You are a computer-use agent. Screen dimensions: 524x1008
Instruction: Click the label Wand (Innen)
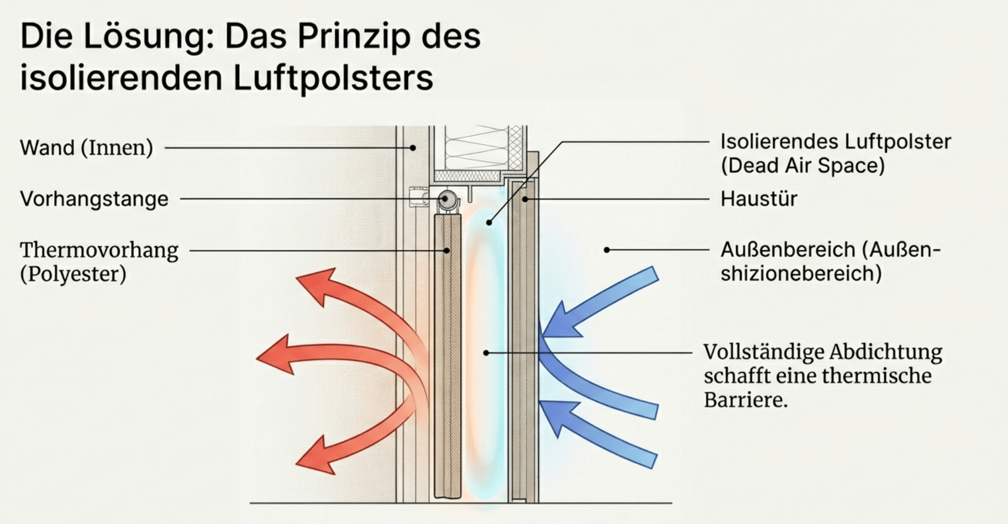(86, 148)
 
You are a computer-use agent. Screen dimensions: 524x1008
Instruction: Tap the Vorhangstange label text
(94, 199)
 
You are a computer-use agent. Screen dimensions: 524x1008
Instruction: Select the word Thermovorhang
(99, 250)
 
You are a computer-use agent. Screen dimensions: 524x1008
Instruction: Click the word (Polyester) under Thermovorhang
(73, 274)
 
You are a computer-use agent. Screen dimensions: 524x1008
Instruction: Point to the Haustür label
(759, 199)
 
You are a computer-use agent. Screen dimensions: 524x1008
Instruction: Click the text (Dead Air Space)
(802, 166)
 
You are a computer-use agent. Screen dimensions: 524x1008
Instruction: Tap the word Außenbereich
(788, 250)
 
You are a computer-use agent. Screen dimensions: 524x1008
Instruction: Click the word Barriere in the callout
(746, 400)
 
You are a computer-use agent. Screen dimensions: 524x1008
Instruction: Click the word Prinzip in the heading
(354, 36)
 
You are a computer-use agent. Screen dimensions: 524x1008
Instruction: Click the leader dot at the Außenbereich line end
(606, 250)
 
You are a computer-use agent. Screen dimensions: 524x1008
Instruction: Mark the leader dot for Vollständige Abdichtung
(486, 352)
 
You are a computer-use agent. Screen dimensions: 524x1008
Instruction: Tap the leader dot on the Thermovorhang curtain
(447, 250)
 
